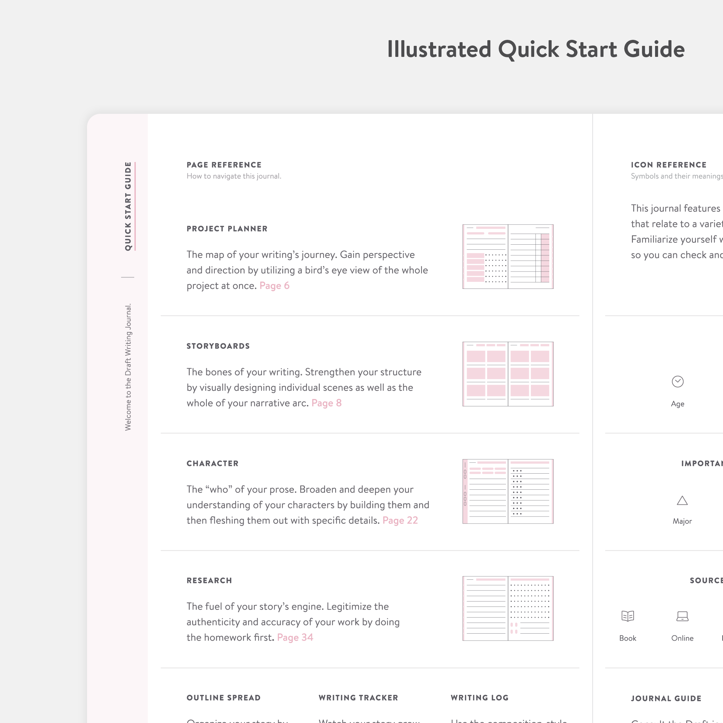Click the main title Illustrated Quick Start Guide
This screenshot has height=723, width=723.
click(536, 50)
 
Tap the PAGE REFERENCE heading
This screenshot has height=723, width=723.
click(224, 165)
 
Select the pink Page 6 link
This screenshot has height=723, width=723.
click(274, 286)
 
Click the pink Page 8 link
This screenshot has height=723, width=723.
click(326, 403)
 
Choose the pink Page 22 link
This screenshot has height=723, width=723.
click(400, 520)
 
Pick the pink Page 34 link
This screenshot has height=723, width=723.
click(295, 638)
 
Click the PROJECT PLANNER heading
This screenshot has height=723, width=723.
click(227, 229)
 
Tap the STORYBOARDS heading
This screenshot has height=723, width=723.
click(218, 346)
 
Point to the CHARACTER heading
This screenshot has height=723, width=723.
click(212, 464)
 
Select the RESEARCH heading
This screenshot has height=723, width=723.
click(209, 581)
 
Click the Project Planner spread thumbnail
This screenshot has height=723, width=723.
click(508, 257)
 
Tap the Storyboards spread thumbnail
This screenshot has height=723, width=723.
click(508, 374)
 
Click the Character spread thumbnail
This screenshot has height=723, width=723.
click(508, 491)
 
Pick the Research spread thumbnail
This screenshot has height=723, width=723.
click(508, 609)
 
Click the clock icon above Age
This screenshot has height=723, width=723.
click(677, 382)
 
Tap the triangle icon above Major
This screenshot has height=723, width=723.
click(682, 501)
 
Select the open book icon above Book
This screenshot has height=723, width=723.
click(628, 616)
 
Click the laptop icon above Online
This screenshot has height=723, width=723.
click(682, 616)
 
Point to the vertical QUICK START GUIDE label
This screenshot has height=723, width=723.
click(128, 206)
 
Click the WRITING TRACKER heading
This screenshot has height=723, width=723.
click(358, 698)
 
